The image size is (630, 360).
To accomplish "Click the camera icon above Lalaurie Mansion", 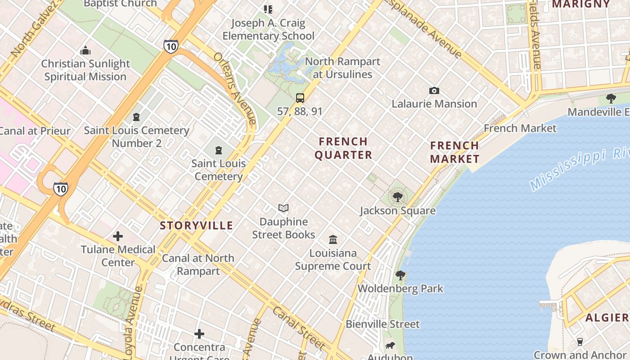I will pyautogui.click(x=434, y=91).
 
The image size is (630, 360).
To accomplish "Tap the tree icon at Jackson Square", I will pyautogui.click(x=397, y=197).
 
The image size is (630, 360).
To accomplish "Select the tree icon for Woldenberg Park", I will pyautogui.click(x=400, y=275).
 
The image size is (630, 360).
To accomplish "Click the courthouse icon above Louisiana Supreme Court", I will pyautogui.click(x=333, y=239).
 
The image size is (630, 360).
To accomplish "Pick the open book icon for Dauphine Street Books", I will pyautogui.click(x=283, y=208).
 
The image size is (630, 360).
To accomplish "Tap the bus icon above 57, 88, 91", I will pyautogui.click(x=300, y=98).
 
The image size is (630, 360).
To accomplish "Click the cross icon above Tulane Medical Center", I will pyautogui.click(x=118, y=236).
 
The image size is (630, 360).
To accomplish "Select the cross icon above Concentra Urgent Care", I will pyautogui.click(x=199, y=334).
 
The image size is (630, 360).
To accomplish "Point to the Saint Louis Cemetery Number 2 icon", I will pyautogui.click(x=136, y=117).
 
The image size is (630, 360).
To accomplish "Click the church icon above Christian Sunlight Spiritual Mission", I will pyautogui.click(x=85, y=50).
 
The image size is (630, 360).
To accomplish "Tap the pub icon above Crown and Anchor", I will pyautogui.click(x=580, y=342).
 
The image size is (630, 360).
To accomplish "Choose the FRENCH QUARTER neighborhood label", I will pyautogui.click(x=343, y=148).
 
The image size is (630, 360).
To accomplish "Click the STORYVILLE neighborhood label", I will pyautogui.click(x=197, y=226).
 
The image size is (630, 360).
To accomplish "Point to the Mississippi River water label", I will pyautogui.click(x=579, y=170).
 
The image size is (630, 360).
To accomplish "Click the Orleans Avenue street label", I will pyautogui.click(x=235, y=88).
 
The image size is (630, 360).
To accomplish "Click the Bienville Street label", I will pyautogui.click(x=382, y=324).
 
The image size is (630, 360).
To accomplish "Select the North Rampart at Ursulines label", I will pyautogui.click(x=342, y=68).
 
